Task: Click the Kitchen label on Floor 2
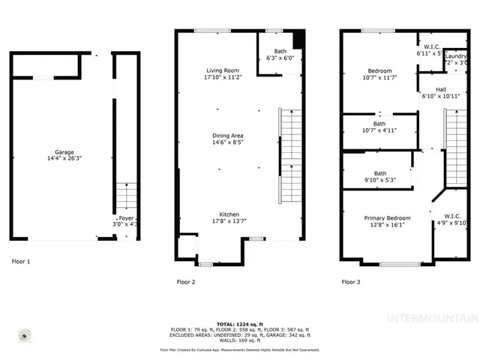[229, 214]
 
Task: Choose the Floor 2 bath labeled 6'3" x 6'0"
[280, 51]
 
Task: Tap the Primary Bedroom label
[387, 218]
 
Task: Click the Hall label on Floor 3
[430, 89]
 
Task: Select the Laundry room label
[456, 56]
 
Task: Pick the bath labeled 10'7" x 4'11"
[379, 124]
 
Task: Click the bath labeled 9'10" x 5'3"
[380, 173]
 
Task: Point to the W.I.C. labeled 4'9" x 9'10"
[451, 216]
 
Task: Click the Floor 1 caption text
[21, 262]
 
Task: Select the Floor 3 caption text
[351, 282]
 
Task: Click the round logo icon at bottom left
[25, 335]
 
